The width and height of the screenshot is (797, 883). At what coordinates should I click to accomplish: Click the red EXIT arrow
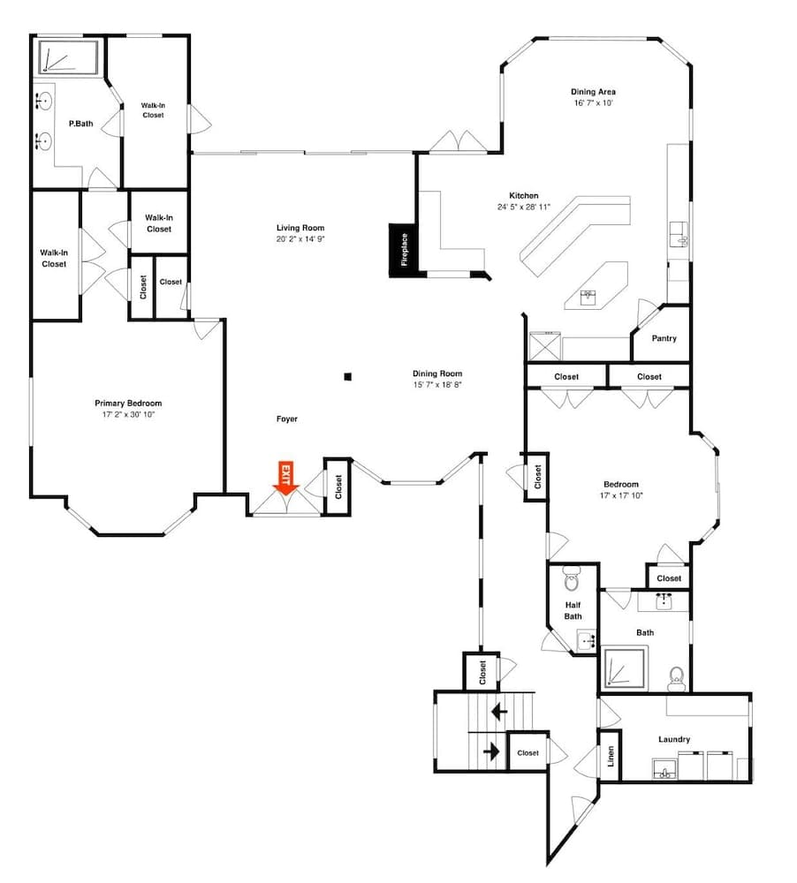point(285,477)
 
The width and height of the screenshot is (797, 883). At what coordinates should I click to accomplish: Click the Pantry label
point(664,338)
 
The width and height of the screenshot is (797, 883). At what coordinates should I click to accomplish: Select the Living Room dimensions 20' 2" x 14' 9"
point(300,239)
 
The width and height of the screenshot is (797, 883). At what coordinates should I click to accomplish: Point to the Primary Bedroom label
point(128,404)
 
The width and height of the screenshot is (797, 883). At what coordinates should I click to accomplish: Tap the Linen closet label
point(611,757)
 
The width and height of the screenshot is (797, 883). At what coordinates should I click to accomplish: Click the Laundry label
point(674,739)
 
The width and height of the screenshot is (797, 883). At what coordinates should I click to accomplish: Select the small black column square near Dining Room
point(348,377)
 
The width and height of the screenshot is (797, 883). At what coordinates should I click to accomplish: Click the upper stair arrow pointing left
point(499,709)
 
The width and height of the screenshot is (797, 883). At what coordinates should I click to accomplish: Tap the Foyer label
point(286,419)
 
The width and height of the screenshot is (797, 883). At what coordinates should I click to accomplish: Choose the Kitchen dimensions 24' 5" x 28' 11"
point(523,208)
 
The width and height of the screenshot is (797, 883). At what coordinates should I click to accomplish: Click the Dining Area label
point(593,92)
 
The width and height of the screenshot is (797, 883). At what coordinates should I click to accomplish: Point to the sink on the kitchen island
point(587,297)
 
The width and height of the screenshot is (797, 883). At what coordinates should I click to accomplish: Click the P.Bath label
point(81,124)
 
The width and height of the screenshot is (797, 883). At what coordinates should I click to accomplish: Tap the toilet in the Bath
point(677,677)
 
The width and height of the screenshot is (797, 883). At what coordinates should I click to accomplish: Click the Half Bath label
point(573,610)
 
